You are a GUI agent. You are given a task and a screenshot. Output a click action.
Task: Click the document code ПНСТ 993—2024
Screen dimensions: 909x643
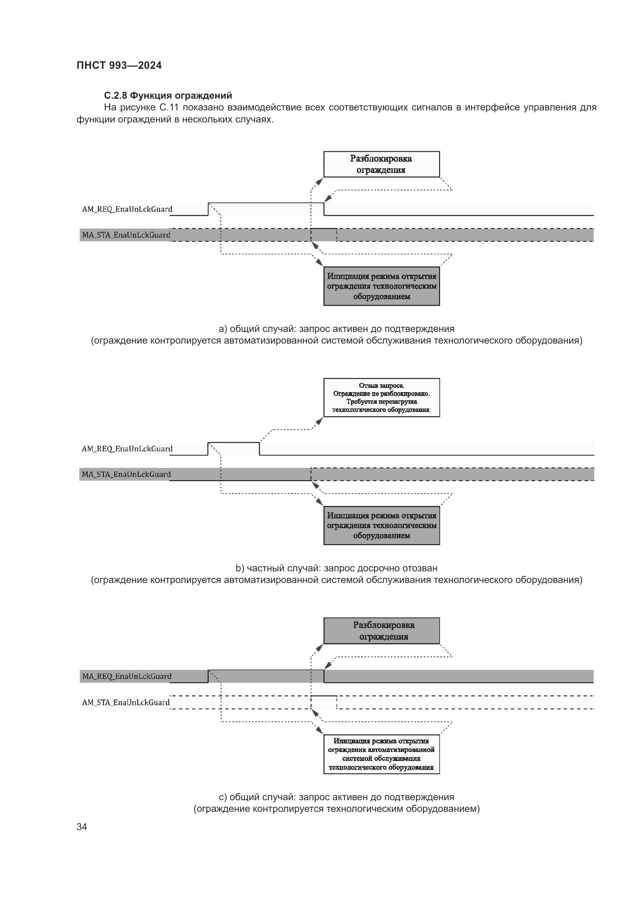(119, 65)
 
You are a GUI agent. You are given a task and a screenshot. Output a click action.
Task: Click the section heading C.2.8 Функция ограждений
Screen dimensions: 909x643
(168, 96)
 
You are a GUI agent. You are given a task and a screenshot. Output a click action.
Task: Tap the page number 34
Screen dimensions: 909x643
(82, 827)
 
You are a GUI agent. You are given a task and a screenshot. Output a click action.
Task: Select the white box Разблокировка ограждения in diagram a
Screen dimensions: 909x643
(381, 164)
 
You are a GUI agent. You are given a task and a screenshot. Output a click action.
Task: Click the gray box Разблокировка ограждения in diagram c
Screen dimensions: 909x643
(381, 631)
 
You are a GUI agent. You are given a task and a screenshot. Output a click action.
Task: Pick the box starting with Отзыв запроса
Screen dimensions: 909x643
(381, 398)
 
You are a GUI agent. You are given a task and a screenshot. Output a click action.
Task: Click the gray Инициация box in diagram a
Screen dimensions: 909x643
(381, 286)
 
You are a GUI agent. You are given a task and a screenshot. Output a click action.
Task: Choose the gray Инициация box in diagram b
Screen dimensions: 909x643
(381, 525)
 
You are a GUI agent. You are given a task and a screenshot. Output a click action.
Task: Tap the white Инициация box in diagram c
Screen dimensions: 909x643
(381, 754)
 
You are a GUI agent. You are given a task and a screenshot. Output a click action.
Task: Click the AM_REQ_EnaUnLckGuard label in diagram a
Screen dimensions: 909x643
(127, 209)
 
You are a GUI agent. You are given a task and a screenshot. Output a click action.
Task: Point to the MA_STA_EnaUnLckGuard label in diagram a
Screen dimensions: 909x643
(126, 235)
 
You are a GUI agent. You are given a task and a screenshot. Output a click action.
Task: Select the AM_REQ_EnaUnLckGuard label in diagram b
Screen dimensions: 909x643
(127, 448)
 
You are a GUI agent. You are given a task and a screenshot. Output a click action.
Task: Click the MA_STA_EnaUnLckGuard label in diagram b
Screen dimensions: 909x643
(126, 474)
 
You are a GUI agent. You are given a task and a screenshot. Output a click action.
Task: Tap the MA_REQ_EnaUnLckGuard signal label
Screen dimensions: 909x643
(127, 676)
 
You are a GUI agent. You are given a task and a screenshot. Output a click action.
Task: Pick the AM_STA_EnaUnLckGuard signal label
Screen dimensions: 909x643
(126, 702)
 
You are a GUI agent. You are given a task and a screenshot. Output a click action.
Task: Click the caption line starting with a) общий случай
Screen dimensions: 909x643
(337, 329)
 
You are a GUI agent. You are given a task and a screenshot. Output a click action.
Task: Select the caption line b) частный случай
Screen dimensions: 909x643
(337, 568)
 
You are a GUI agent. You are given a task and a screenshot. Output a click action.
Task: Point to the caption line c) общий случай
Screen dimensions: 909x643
(337, 797)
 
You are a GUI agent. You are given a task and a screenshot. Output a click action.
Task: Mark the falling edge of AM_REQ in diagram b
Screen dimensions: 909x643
(259, 449)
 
